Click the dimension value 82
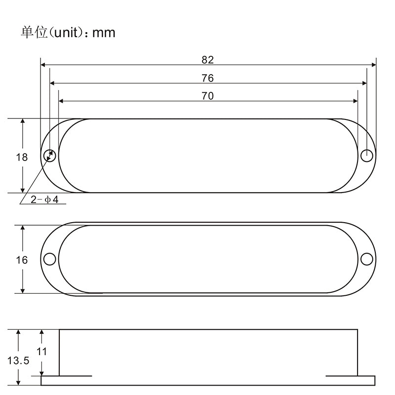click(207, 60)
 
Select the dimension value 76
click(207, 78)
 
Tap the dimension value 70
click(207, 96)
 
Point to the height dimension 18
click(22, 157)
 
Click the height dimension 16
click(22, 260)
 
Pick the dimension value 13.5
click(18, 360)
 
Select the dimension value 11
click(42, 352)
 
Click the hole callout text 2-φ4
click(44, 199)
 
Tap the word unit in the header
click(67, 33)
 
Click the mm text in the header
click(104, 33)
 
